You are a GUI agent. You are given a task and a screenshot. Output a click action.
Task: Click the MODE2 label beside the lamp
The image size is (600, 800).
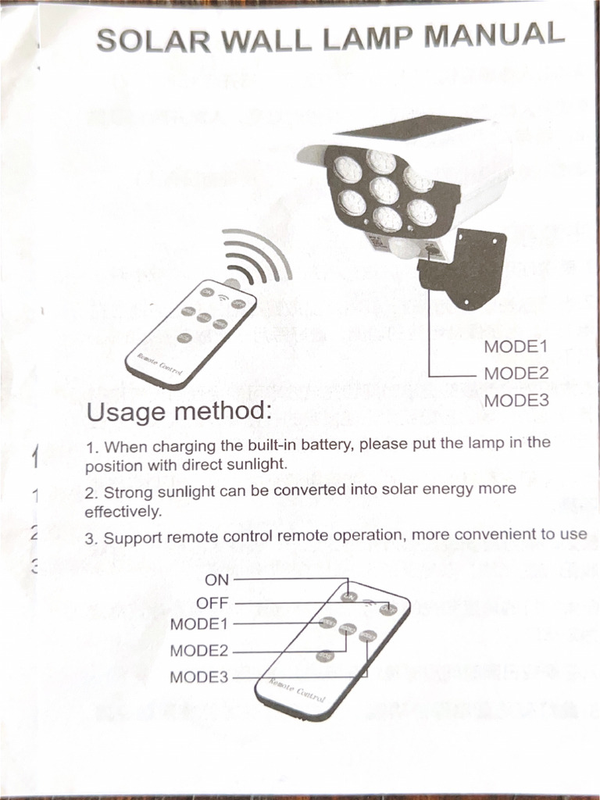pos(516,373)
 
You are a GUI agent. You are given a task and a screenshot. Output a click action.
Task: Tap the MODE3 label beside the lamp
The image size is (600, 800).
pos(516,401)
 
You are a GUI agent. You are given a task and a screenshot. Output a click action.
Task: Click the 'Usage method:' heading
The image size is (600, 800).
pos(179,411)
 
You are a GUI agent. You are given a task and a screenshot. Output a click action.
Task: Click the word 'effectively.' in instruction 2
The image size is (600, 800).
pos(123,512)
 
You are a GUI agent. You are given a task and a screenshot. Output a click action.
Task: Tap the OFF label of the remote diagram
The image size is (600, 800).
pos(212,603)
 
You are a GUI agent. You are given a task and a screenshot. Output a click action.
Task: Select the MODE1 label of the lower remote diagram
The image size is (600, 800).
pos(198,624)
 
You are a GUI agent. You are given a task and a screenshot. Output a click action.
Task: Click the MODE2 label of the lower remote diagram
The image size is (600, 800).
pos(198,651)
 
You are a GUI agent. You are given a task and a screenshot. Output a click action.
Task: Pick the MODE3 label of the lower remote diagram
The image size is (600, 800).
pos(198,677)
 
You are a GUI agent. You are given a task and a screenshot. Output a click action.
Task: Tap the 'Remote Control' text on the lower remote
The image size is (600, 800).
pos(297,691)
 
